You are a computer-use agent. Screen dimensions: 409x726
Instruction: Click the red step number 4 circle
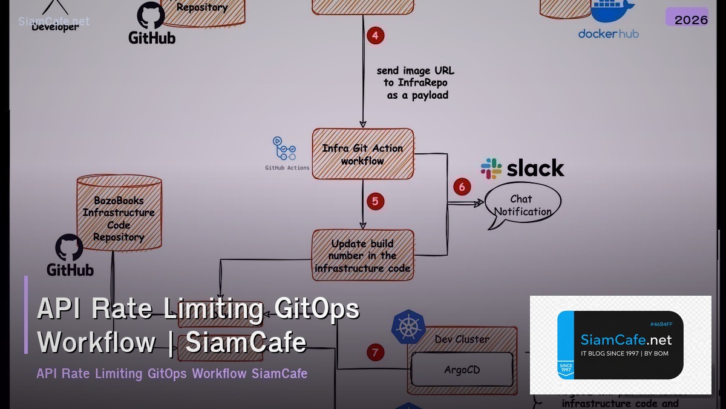coord(375,36)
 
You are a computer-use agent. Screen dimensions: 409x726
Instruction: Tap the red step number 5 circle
coord(375,201)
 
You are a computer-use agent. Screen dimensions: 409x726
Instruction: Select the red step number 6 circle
coord(462,187)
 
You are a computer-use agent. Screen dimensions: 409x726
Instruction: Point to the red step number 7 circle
coord(375,352)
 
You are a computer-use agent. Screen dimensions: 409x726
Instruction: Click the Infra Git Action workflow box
coord(363,154)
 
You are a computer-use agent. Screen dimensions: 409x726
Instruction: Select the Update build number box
coord(363,255)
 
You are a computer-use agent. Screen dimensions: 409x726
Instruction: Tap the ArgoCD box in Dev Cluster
coord(462,370)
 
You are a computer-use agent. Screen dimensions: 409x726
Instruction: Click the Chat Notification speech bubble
coord(523,205)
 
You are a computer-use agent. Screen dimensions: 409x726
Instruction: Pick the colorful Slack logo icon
coord(491,168)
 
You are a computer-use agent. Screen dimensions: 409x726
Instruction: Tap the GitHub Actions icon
coord(284,148)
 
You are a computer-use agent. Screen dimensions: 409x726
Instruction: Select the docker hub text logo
coord(608,34)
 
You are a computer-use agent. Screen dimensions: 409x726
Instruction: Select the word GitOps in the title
coord(316,309)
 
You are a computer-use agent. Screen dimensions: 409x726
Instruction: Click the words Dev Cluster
coord(462,339)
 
